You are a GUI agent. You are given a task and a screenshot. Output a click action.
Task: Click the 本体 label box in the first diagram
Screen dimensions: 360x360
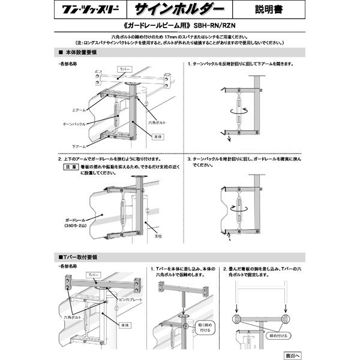(x=158, y=137)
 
